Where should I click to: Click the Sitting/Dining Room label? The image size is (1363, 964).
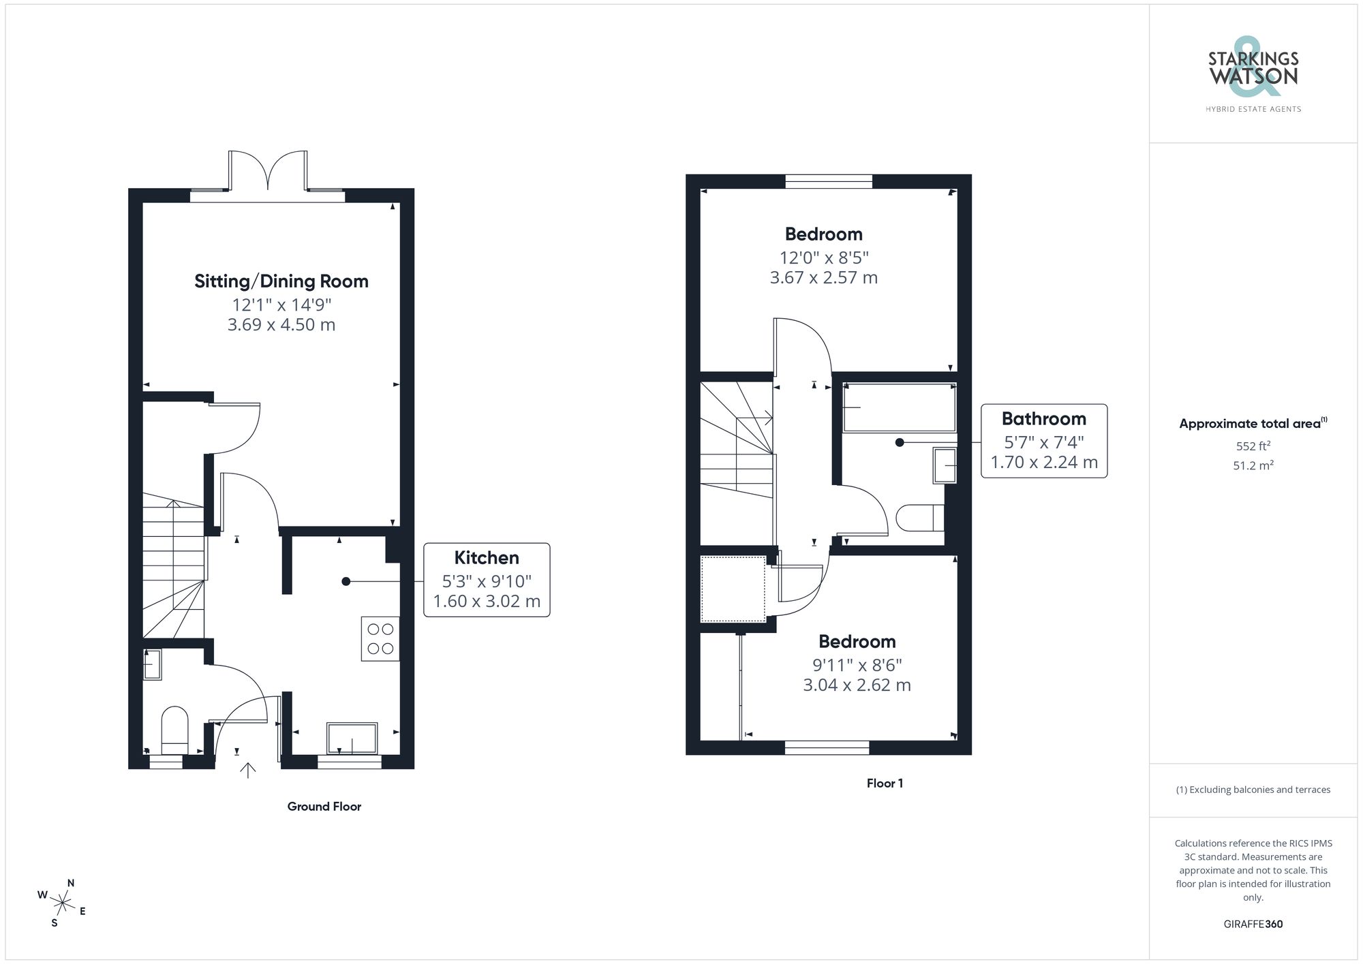(x=281, y=281)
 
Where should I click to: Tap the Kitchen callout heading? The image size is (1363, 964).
(x=487, y=558)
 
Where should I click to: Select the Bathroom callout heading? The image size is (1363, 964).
(x=1043, y=419)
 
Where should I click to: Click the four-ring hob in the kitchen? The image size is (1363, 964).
(x=380, y=639)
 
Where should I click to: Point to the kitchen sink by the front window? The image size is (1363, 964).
(x=352, y=738)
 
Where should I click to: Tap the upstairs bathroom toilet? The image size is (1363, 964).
(x=919, y=518)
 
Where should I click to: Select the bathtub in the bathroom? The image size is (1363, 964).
(x=900, y=407)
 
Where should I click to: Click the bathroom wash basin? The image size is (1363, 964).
(x=945, y=465)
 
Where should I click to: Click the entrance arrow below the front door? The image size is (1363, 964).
(x=248, y=771)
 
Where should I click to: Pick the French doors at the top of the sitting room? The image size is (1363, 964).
(x=268, y=170)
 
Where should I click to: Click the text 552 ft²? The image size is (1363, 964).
(x=1253, y=446)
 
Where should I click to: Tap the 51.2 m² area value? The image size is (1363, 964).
(x=1253, y=466)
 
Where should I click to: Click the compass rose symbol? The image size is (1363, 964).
(x=63, y=903)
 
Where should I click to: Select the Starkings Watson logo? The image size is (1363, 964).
(x=1253, y=76)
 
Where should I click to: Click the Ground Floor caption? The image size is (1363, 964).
(x=324, y=807)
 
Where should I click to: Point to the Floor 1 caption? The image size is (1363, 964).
(x=885, y=783)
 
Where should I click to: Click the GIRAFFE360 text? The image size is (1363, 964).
(x=1253, y=924)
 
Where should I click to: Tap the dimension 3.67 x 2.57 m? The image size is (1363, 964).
(x=823, y=278)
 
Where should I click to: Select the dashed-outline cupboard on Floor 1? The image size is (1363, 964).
(x=733, y=589)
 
